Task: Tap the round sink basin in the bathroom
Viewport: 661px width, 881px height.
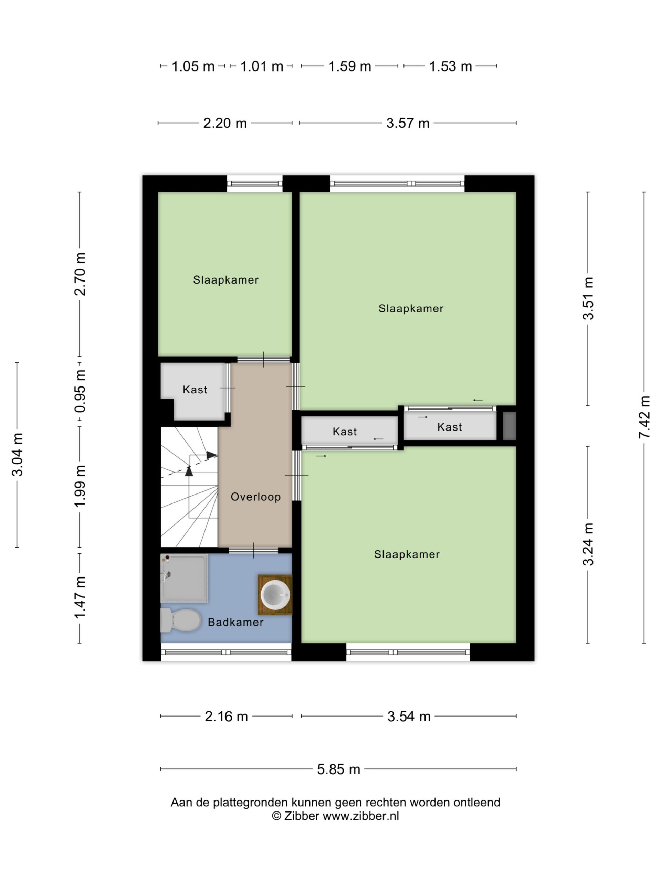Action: tap(275, 595)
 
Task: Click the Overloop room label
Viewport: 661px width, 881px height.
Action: tap(256, 497)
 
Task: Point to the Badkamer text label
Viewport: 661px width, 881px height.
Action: tap(235, 622)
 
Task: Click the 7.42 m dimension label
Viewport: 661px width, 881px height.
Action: tap(644, 417)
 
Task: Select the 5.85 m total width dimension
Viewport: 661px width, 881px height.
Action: tap(338, 769)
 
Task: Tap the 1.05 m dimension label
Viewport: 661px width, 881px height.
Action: tap(193, 66)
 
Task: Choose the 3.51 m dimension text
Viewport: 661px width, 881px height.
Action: tap(588, 298)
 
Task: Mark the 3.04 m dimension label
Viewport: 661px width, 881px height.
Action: tap(17, 455)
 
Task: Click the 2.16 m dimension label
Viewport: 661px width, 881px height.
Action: tap(226, 716)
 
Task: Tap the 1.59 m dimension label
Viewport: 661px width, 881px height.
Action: tap(349, 66)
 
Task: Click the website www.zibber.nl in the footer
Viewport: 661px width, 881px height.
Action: tap(360, 816)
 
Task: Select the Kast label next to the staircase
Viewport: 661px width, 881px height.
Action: tap(195, 390)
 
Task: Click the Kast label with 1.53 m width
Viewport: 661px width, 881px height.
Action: tap(449, 427)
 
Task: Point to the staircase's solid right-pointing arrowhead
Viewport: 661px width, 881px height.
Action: tap(212, 455)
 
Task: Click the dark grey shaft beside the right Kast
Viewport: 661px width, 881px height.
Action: tap(509, 426)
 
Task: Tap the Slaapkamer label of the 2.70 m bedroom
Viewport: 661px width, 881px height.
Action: tap(226, 280)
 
